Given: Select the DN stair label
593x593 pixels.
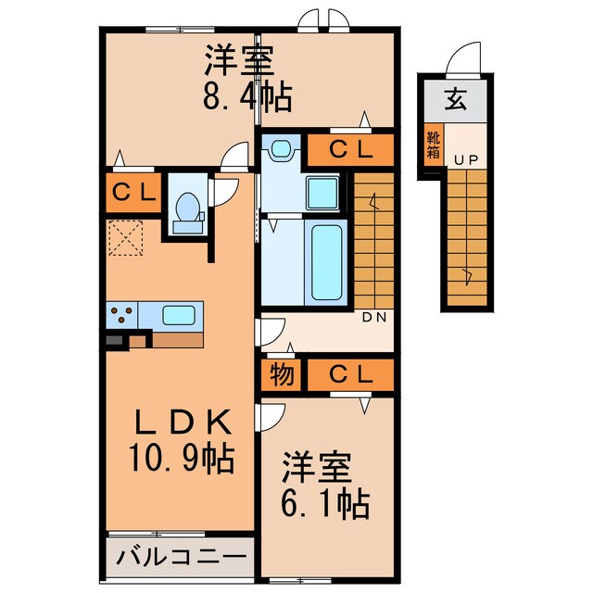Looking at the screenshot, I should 373,317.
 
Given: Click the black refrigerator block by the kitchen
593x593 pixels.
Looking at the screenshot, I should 114,341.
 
